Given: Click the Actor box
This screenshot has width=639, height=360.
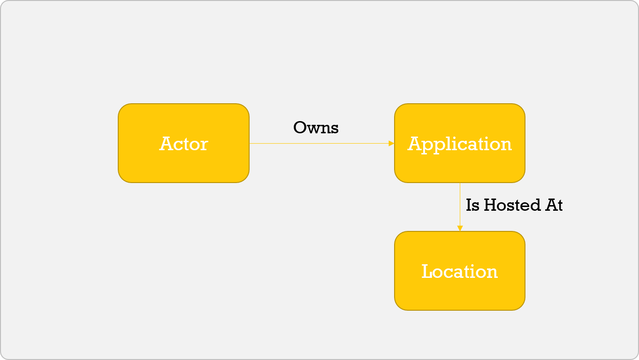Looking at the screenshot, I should [x=183, y=143].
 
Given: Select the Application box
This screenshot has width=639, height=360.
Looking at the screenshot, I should [x=459, y=143].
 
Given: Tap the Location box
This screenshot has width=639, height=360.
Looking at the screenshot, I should [x=459, y=271].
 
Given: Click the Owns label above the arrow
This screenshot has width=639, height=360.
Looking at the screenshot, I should [x=316, y=128].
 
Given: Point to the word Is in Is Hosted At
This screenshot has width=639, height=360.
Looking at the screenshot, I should [x=472, y=205].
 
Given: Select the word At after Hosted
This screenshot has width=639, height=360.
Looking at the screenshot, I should [x=553, y=205].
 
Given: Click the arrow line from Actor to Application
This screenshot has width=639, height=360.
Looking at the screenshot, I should [x=319, y=143].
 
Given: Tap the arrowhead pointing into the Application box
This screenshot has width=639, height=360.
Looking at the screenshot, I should [x=392, y=143].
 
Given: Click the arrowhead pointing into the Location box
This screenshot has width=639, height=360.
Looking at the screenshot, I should [x=460, y=228].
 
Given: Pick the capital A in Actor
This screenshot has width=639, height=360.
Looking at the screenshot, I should [x=166, y=144].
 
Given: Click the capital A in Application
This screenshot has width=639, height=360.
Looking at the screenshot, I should [x=414, y=144].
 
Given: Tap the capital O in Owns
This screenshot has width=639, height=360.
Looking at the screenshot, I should [x=300, y=128].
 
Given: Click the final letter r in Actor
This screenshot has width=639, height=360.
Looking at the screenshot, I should [x=204, y=145].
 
